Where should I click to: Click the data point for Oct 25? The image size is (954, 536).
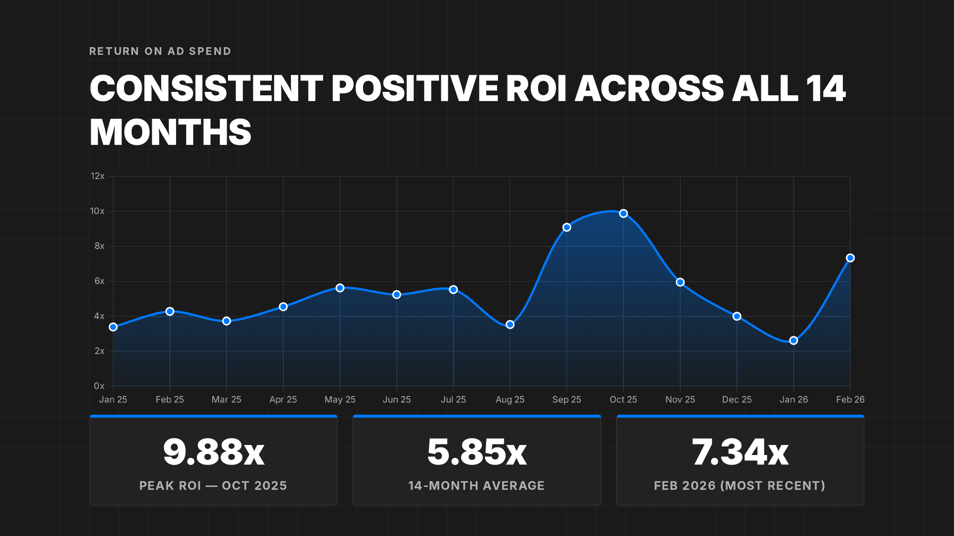(623, 213)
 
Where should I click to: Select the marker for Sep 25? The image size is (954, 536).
(567, 227)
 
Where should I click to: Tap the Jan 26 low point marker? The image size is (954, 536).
(794, 341)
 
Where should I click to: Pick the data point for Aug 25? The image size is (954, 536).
(510, 324)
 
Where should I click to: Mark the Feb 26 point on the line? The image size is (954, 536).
(850, 258)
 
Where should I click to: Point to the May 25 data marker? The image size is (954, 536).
(340, 288)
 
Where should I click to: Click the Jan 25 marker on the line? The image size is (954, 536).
(113, 327)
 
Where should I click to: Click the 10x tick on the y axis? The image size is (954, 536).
(97, 211)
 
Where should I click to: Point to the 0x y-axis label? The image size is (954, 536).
(99, 386)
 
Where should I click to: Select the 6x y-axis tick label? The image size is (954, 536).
(99, 281)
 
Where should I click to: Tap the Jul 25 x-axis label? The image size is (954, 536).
(453, 399)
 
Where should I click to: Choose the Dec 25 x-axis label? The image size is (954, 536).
(736, 399)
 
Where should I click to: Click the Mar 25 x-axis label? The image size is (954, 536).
(226, 399)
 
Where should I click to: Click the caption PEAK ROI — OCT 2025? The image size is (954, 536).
(213, 485)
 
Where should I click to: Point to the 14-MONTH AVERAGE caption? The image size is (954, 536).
(477, 485)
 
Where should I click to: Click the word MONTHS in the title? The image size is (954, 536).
(170, 132)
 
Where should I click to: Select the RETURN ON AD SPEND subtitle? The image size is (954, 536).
(160, 51)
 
